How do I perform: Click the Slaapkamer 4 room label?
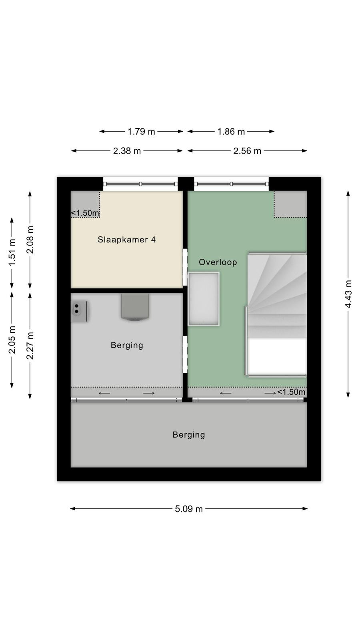coord(126,240)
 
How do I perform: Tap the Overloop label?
coord(218,262)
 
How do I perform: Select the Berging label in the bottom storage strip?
coord(188,435)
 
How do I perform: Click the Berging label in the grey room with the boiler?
coord(127,345)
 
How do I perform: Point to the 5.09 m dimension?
coord(188,508)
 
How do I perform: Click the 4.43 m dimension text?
coord(348,294)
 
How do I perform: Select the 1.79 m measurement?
coord(141,132)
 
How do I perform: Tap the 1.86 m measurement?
coord(231,132)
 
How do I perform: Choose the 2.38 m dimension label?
coord(127,151)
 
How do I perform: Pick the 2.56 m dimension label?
coord(247,151)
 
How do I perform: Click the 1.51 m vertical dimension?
coord(12,252)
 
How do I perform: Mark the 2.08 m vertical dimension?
coord(30,240)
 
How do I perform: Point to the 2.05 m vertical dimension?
coord(12,340)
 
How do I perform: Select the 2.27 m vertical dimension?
coord(30,346)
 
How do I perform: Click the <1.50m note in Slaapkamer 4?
coord(85,213)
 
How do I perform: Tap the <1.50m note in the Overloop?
coord(291,392)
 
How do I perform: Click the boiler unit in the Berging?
coord(135,306)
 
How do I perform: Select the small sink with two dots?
coord(79,311)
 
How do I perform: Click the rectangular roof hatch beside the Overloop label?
coord(204,299)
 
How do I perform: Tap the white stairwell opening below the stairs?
coord(276,356)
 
